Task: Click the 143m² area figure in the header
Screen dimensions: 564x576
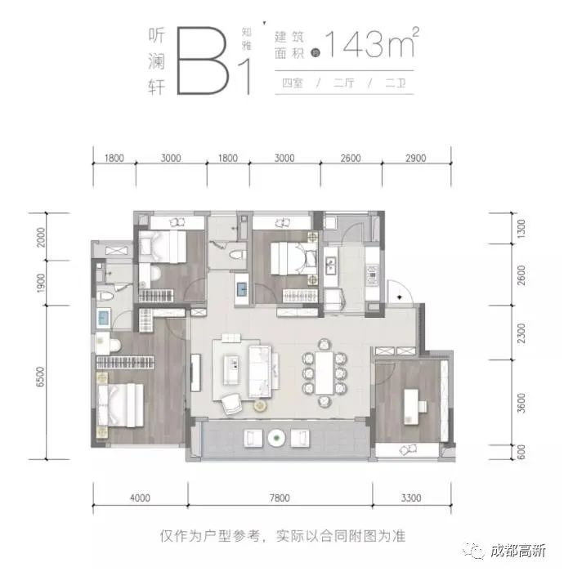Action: pyautogui.click(x=371, y=43)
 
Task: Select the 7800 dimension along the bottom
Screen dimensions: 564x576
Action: pyautogui.click(x=280, y=498)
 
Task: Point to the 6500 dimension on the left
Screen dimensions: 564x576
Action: pyautogui.click(x=40, y=377)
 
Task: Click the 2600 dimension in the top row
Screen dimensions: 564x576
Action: pyautogui.click(x=351, y=158)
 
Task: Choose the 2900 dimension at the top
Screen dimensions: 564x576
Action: pyautogui.click(x=416, y=158)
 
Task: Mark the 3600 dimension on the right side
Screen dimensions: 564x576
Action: pyautogui.click(x=521, y=403)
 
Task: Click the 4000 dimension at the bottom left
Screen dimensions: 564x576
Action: pyautogui.click(x=140, y=498)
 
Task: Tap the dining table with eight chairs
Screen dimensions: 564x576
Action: pyautogui.click(x=325, y=373)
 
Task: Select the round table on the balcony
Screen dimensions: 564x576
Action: pyautogui.click(x=276, y=438)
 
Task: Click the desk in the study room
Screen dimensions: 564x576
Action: pyautogui.click(x=412, y=407)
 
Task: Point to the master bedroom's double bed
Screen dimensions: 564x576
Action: pyautogui.click(x=120, y=405)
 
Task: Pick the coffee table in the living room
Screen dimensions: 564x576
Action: pyautogui.click(x=231, y=369)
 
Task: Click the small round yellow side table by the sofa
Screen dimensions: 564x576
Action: pyautogui.click(x=260, y=405)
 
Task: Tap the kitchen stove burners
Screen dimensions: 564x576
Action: pyautogui.click(x=372, y=275)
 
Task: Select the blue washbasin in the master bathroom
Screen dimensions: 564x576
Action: pyautogui.click(x=103, y=318)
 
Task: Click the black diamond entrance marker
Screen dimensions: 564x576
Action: pyautogui.click(x=400, y=297)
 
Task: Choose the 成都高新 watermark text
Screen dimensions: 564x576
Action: pyautogui.click(x=518, y=551)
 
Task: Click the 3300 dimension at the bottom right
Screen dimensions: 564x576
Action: pyautogui.click(x=411, y=498)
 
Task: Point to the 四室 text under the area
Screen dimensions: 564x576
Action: pyautogui.click(x=293, y=83)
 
